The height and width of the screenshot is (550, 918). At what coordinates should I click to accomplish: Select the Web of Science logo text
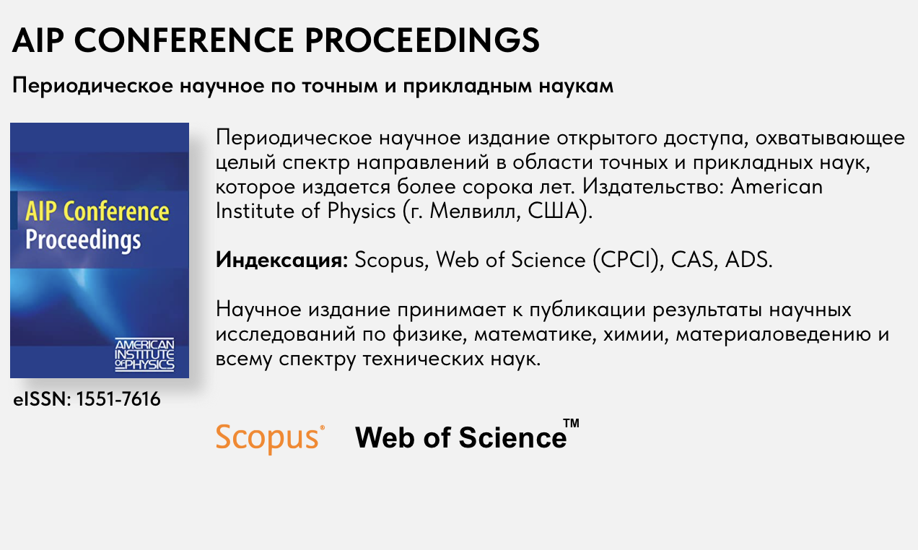coord(460,437)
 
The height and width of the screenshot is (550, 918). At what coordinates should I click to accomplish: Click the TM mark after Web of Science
coord(571,424)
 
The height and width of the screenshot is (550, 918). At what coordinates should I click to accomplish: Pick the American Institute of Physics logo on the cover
coord(144,355)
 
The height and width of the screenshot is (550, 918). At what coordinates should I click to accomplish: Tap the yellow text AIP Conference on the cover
coord(97,212)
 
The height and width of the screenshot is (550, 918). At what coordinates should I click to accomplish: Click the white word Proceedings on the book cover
coord(83,239)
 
